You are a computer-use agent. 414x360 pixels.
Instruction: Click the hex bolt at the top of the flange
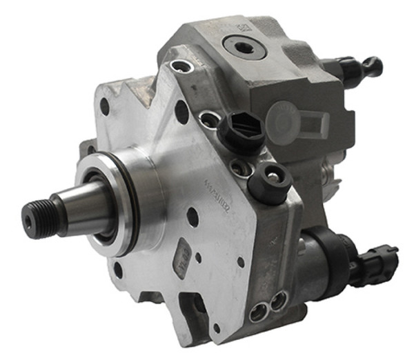click(x=181, y=67)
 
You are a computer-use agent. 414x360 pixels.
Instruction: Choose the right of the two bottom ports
click(x=278, y=299)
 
